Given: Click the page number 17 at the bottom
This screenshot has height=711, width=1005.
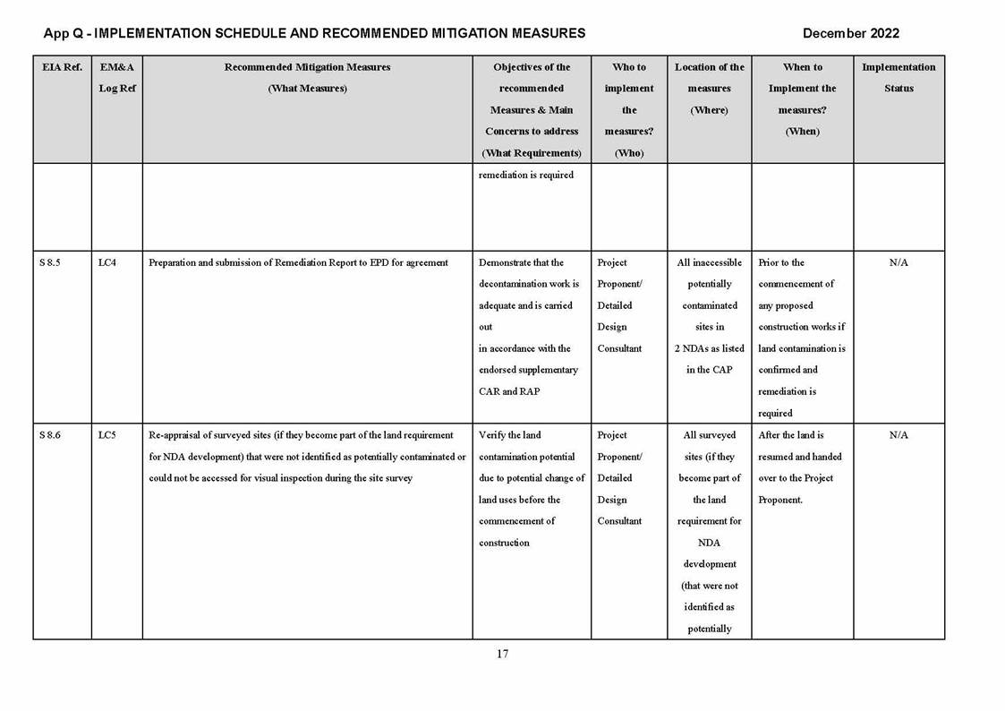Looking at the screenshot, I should pos(502,654).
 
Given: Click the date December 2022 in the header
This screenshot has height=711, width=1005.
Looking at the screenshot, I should pos(850,33).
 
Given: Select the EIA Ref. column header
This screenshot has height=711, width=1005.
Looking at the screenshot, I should pos(62,67).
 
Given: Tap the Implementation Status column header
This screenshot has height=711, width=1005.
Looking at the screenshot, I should pos(899,78).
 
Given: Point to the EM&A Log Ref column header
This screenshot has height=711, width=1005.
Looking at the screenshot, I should pos(117,78).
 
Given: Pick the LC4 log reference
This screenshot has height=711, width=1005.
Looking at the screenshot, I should pos(107,262).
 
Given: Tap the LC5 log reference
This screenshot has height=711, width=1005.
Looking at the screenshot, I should pos(107,435).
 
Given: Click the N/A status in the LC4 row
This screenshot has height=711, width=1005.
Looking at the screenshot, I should pos(899,262).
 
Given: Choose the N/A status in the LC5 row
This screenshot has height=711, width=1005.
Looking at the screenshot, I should pos(899,435).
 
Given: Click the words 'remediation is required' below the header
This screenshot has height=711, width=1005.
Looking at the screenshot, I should pos(526,175).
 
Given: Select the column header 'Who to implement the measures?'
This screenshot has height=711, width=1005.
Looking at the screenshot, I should pos(629,109).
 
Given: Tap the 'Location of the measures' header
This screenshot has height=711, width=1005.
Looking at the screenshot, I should pos(709,88).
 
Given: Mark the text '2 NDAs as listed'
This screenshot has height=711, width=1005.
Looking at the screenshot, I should pos(710,348).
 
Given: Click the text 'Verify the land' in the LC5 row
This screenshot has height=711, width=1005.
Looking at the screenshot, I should pos(510,435).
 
